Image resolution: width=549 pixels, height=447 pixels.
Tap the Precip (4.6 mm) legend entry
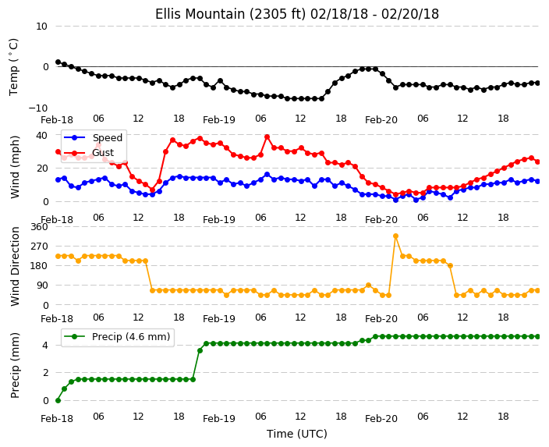click(x=117, y=337)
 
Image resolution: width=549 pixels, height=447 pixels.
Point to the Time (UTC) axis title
click(x=297, y=434)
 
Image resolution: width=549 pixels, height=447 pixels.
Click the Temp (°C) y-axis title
click(x=14, y=67)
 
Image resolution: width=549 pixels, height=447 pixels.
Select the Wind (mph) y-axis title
click(x=15, y=167)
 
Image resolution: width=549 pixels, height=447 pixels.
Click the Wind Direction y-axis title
click(x=15, y=267)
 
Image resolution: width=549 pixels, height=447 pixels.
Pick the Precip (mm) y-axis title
click(x=15, y=365)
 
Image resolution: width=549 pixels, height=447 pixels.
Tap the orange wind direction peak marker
click(x=395, y=236)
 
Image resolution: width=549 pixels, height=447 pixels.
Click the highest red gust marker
click(x=267, y=137)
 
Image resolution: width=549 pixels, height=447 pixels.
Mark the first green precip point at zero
click(x=58, y=400)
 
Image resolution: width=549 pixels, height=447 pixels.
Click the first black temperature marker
click(x=58, y=62)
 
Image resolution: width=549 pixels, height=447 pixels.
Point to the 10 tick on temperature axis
click(x=41, y=27)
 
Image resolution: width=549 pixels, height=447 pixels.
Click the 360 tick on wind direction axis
click(x=39, y=227)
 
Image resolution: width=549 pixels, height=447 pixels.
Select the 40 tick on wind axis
click(x=41, y=135)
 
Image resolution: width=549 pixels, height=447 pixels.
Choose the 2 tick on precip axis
click(x=45, y=373)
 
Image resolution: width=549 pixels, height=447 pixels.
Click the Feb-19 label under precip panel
click(x=219, y=419)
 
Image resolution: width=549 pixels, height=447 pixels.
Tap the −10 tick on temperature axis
click(x=37, y=108)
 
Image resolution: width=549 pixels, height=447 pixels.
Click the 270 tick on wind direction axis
click(x=39, y=247)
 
